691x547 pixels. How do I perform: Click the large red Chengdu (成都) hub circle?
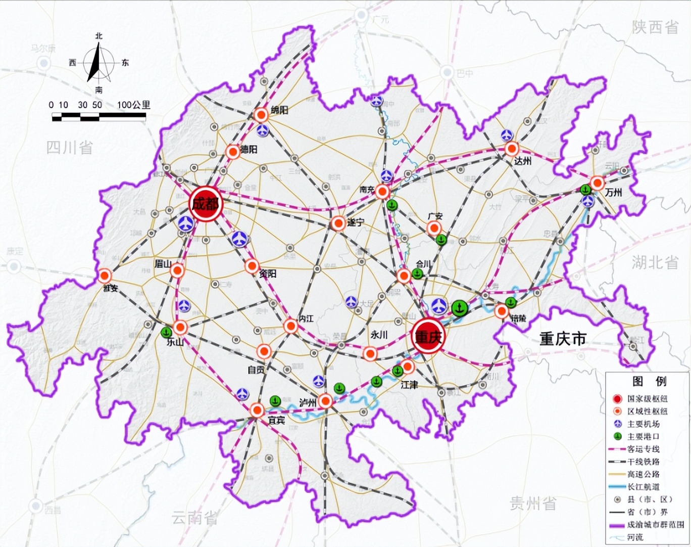point(206,203)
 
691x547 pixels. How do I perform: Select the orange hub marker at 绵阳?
point(261,115)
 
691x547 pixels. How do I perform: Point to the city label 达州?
point(522,161)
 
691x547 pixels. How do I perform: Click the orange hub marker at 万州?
point(598,183)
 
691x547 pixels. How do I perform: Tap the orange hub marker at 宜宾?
point(257,410)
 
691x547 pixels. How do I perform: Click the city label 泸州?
point(307,402)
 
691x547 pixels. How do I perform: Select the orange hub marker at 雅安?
point(105,276)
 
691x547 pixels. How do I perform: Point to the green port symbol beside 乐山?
point(166,333)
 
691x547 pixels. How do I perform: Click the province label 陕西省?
point(655,27)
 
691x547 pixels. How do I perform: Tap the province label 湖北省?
point(655,262)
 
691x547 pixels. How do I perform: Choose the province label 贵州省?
point(533,503)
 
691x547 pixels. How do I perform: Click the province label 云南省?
point(194,517)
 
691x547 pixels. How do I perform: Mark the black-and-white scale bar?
point(99,117)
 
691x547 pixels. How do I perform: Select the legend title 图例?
point(649,381)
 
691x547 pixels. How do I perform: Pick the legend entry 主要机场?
point(643,424)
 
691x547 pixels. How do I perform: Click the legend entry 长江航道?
point(643,487)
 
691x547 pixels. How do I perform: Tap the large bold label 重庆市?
point(563,338)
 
